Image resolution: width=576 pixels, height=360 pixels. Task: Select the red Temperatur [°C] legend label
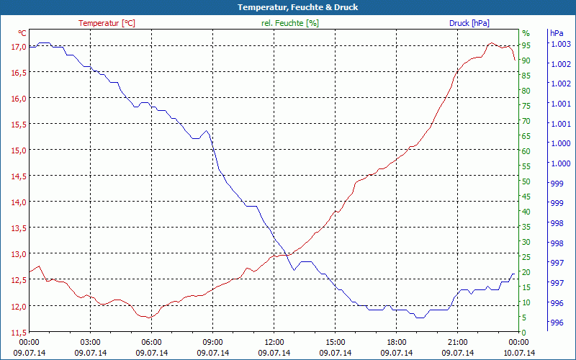[x=107, y=23]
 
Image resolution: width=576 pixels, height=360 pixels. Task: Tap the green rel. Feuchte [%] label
[x=289, y=23]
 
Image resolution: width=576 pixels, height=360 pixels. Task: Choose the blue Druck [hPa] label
[x=469, y=23]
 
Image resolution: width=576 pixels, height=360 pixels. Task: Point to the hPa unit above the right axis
[x=557, y=33]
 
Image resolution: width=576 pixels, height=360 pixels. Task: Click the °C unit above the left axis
[x=22, y=33]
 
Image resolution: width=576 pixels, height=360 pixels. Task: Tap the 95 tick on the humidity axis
[x=526, y=45]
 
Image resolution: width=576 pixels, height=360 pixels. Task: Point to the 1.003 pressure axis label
[x=560, y=45]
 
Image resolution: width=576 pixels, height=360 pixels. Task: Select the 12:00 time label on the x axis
[x=274, y=342]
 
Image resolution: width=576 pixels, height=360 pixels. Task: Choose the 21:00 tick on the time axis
[x=458, y=342]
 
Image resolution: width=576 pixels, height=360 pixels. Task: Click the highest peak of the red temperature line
[x=491, y=43]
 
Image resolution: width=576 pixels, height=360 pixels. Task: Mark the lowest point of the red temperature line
[x=149, y=318]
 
